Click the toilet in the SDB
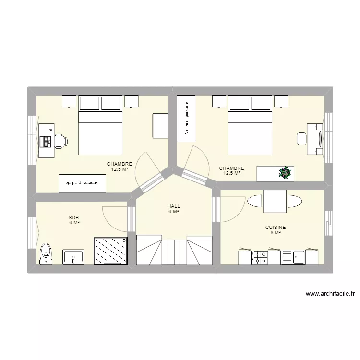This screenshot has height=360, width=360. [x=46, y=252]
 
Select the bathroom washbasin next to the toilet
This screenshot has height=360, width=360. [x=73, y=256]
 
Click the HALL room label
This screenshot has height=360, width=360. [x=174, y=206]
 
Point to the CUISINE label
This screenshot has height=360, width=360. [x=276, y=228]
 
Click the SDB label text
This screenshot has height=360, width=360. [x=74, y=217]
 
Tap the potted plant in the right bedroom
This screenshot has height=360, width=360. [x=286, y=173]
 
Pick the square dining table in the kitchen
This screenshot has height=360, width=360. [x=275, y=201]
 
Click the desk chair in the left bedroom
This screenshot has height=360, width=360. [x=60, y=140]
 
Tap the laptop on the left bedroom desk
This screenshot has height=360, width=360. [x=47, y=141]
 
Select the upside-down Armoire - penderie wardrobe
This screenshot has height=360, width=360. [x=82, y=183]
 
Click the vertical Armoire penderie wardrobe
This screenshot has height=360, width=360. [x=186, y=118]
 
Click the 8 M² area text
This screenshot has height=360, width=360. [x=276, y=233]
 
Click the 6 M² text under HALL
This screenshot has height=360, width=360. [x=174, y=211]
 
